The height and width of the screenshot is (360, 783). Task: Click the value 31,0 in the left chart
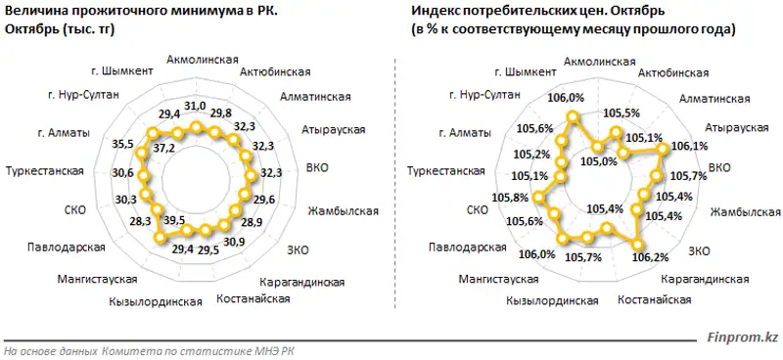tap(195, 105)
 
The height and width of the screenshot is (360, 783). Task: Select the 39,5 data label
tap(174, 220)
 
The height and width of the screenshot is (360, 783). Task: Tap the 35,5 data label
tap(123, 144)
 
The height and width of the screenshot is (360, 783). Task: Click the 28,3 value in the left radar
tap(139, 220)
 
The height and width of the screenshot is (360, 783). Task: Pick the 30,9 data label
tap(233, 241)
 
